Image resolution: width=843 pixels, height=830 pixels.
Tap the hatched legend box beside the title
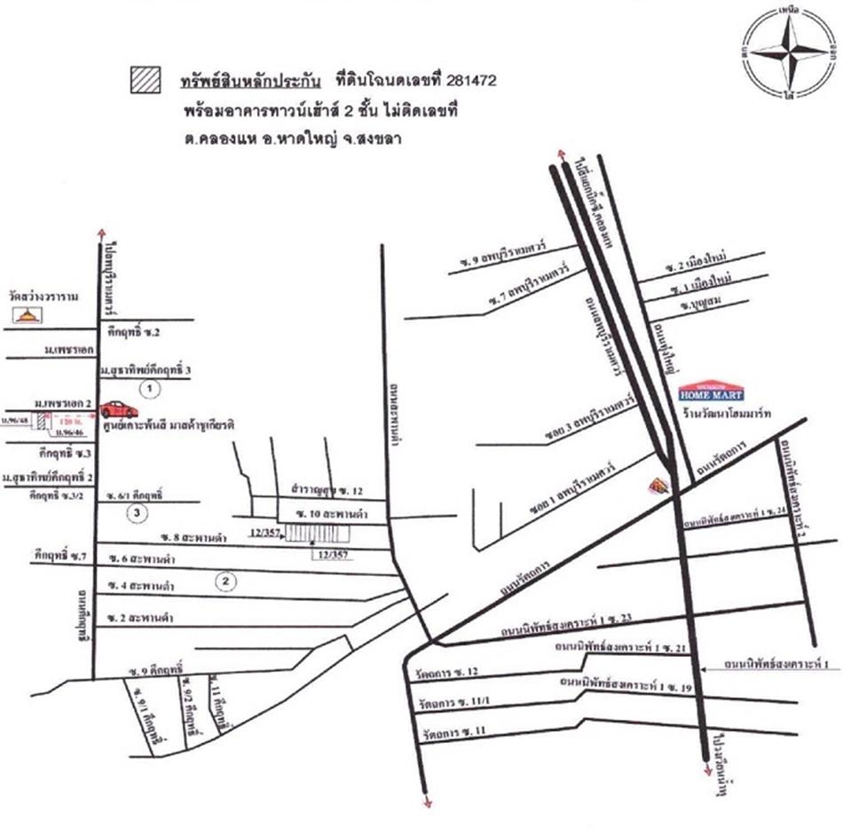click(144, 80)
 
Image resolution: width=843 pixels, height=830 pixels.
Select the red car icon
click(118, 409)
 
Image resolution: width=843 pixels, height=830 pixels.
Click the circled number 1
click(151, 388)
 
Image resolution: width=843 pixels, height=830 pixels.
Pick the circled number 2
click(227, 582)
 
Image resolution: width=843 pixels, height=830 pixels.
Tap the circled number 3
click(136, 512)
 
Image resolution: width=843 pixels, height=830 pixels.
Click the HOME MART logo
click(712, 391)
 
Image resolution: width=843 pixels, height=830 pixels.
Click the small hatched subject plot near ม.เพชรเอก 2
click(41, 421)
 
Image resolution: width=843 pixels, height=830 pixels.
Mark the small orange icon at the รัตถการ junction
click(658, 485)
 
